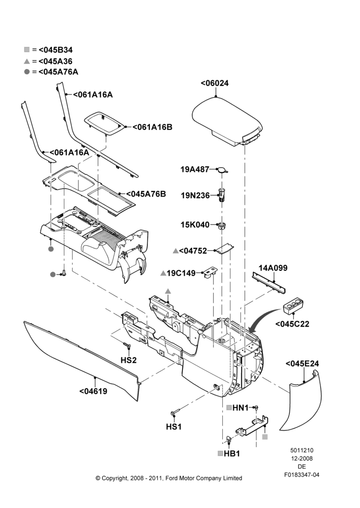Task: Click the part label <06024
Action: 215,83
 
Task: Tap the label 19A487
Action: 195,169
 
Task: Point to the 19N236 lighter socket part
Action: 222,195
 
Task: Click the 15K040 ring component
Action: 222,226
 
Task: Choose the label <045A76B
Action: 146,194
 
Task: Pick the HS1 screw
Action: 174,412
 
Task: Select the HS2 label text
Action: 129,360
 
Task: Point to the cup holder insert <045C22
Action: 294,307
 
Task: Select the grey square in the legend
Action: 27,50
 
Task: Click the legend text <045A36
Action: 55,61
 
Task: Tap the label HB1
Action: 232,454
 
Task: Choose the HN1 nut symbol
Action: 256,407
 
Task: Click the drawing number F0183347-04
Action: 302,475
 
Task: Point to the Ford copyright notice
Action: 169,478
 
